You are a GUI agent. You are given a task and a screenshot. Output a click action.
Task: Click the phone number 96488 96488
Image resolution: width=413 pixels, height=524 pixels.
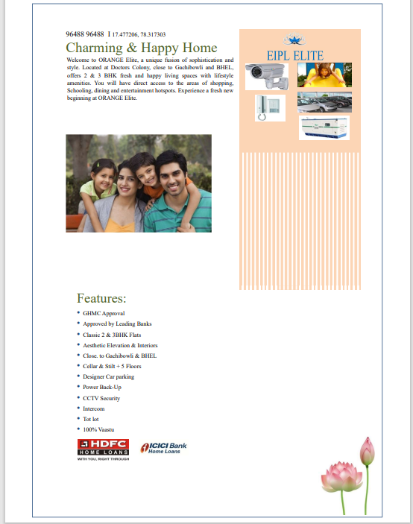point(84,34)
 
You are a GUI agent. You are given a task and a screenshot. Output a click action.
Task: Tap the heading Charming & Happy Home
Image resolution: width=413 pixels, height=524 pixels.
point(141,48)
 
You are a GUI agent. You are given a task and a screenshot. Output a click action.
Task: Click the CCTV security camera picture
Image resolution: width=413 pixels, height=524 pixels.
point(269,75)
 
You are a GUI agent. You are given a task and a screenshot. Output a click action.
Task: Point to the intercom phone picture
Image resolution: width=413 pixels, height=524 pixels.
point(269,107)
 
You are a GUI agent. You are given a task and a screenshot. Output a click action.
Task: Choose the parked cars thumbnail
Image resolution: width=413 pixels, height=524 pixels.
point(324,102)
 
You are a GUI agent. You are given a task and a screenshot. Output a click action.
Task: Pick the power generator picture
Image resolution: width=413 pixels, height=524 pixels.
point(324,127)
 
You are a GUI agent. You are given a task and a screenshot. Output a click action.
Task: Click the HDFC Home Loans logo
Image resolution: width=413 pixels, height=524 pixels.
point(103,449)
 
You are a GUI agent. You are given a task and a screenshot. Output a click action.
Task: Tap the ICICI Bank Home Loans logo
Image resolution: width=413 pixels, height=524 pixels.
point(163,448)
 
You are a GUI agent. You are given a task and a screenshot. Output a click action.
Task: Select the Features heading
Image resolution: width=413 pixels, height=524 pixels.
point(101,299)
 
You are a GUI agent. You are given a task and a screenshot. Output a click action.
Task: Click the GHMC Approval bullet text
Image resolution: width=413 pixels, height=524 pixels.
point(104,314)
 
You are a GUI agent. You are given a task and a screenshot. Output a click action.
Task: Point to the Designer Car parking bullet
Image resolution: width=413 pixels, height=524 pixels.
point(109,377)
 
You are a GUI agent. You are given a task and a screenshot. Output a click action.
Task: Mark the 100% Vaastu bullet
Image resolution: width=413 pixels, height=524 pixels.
point(98,430)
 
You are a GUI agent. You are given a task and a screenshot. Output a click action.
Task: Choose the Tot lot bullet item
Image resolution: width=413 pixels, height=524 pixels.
point(91,420)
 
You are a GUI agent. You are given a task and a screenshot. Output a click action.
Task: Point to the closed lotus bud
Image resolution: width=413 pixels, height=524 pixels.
point(366,451)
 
